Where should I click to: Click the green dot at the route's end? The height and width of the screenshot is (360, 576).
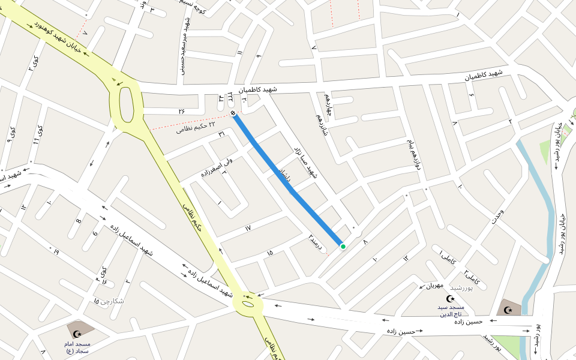pos(343,246)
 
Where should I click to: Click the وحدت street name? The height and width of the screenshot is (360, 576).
pos(498,218)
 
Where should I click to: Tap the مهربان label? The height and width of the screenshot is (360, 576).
pos(435,285)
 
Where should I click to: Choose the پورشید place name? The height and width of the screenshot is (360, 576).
pos(461,289)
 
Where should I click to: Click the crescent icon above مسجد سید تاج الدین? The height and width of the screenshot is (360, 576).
pos(451,298)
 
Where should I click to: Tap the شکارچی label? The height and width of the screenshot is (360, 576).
pos(109,300)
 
